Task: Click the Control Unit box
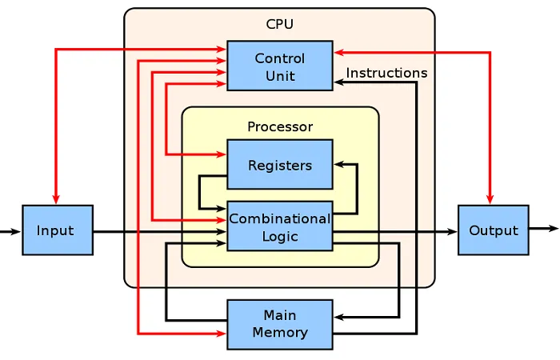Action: pos(280,66)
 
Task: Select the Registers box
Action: pos(280,164)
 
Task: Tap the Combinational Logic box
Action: pos(280,226)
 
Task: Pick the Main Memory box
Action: pos(280,324)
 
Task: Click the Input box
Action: pos(58,230)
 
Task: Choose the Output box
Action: pos(494,230)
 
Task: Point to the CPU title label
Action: pos(280,24)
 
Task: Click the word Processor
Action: pos(280,126)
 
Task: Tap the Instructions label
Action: pos(386,73)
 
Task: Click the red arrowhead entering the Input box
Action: pos(56,199)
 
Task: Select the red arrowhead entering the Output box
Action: pos(490,199)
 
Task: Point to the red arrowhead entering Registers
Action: pos(222,154)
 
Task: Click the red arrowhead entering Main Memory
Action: pos(222,334)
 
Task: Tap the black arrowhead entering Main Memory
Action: pos(339,317)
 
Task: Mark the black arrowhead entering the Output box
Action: pos(453,232)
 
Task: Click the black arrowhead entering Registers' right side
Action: pos(339,164)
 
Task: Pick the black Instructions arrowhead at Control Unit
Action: pos(339,82)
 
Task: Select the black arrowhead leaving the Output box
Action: pos(554,228)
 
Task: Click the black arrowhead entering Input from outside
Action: pos(16,232)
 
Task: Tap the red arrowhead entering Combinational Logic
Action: pos(222,220)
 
